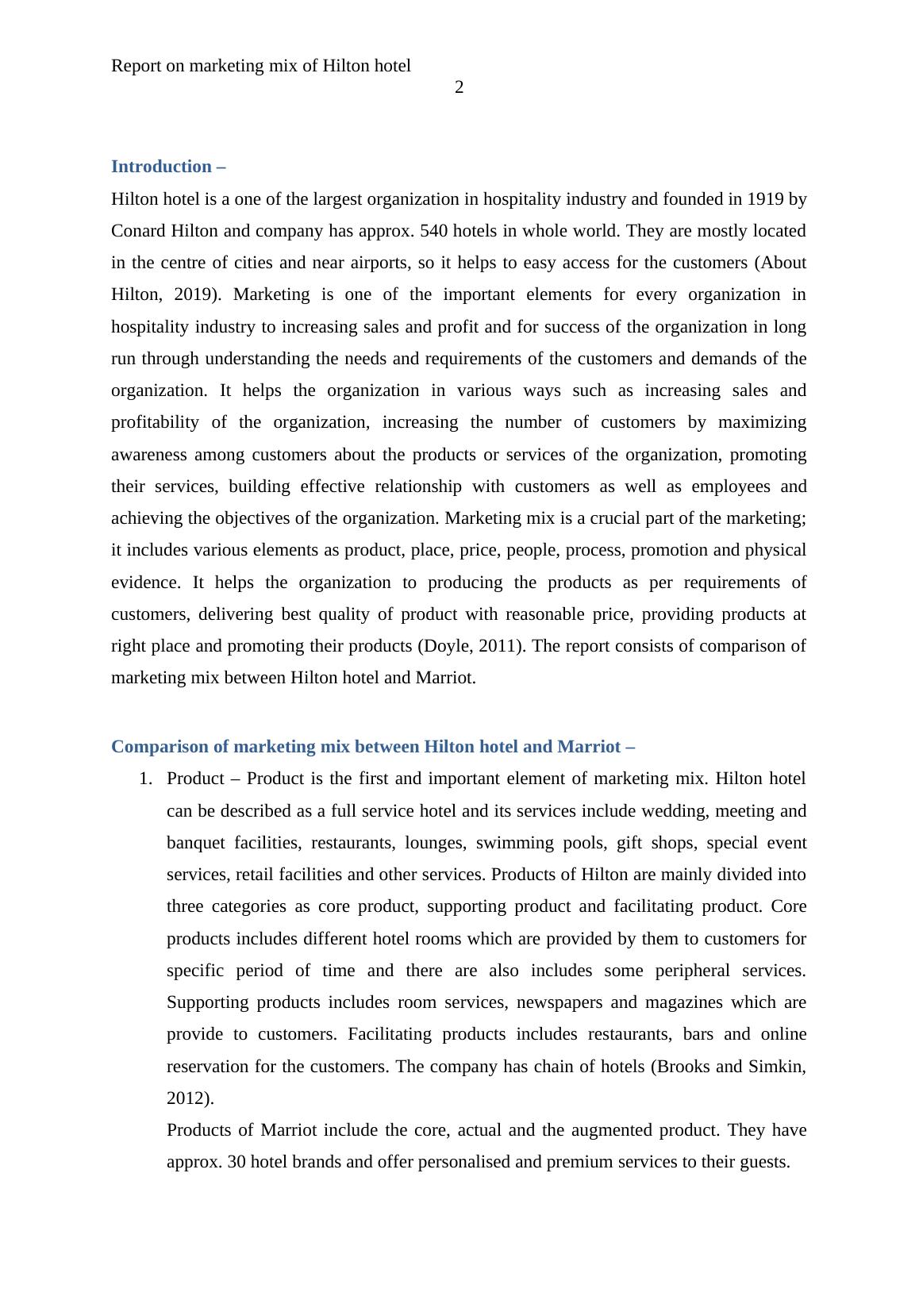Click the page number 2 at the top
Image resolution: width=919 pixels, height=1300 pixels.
point(459,88)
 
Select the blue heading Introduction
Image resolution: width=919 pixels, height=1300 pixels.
point(161,167)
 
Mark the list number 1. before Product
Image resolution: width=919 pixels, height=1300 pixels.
point(145,779)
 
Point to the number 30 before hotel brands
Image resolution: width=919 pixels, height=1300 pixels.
point(236,1162)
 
